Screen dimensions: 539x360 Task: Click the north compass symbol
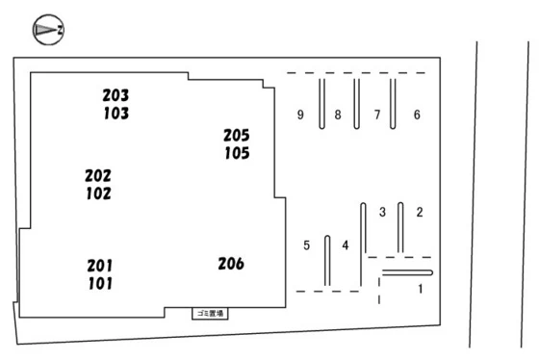pos(48,30)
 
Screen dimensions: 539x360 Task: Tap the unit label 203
pos(115,95)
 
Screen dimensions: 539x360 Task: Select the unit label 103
pos(116,114)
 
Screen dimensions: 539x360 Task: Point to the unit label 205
pos(237,136)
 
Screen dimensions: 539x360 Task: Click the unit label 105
pos(237,153)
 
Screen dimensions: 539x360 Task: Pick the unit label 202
pos(98,176)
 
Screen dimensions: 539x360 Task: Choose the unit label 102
pos(98,193)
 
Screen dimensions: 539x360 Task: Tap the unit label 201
pos(100,266)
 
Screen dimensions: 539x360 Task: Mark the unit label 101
pos(100,284)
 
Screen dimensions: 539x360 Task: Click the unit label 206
pos(231,264)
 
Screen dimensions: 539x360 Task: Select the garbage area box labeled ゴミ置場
pos(210,314)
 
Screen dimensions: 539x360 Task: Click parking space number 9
pos(300,115)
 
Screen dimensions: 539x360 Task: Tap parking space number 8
pos(338,115)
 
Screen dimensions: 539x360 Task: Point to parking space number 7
pos(377,115)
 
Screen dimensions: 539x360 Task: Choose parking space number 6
pos(417,115)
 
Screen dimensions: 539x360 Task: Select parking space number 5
pos(307,245)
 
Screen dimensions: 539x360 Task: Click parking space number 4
pos(346,245)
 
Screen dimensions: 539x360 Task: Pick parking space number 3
pos(382,212)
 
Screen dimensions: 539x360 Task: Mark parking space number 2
pos(420,212)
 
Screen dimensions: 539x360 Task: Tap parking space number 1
pos(420,289)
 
